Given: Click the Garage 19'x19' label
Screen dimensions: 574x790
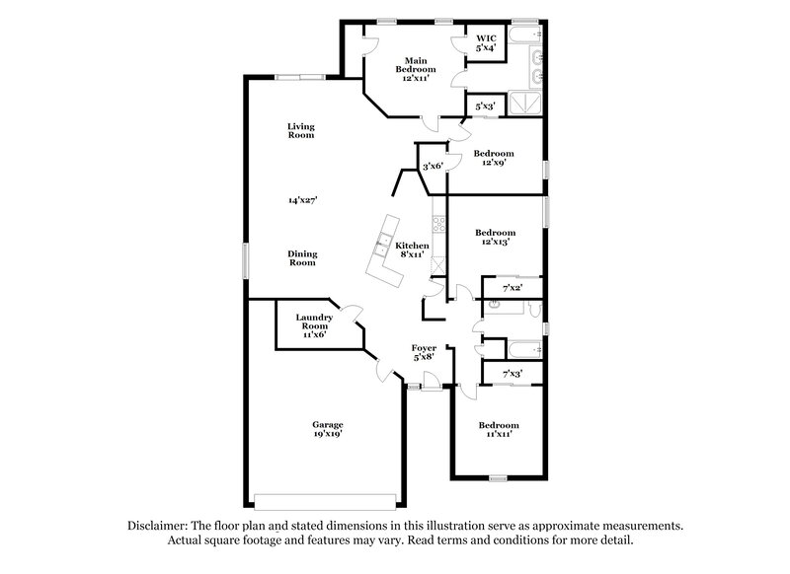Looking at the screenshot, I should (x=329, y=428).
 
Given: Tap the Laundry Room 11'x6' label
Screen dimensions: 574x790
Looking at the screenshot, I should (x=313, y=326).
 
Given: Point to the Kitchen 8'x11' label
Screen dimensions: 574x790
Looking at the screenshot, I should (x=412, y=250).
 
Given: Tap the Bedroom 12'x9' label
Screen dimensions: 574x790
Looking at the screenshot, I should (x=493, y=158).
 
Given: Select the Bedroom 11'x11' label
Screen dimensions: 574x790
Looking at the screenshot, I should (x=499, y=430).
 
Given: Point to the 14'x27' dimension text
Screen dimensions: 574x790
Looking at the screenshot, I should (x=302, y=200).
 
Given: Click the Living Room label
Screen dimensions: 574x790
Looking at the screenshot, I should (x=301, y=130).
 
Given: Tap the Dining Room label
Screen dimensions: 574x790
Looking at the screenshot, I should (x=302, y=258).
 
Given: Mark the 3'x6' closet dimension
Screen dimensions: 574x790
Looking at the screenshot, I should (x=433, y=167).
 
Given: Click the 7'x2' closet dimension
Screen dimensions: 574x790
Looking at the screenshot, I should (x=512, y=288).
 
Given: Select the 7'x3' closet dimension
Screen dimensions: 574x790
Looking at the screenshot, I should (x=512, y=374).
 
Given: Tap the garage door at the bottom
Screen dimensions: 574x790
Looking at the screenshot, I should (x=326, y=497).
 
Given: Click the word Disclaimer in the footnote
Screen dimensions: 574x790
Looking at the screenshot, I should (x=158, y=527).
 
